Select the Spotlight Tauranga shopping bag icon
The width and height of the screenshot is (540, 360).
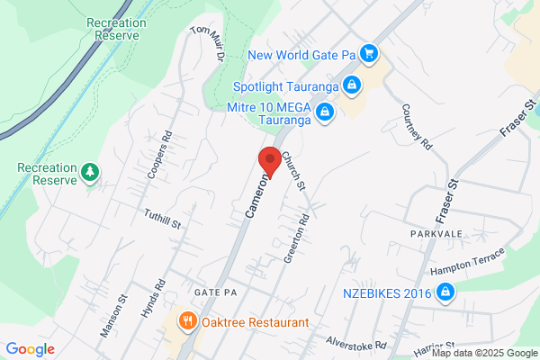click(x=352, y=86)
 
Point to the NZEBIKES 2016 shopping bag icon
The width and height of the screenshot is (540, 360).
click(x=444, y=292)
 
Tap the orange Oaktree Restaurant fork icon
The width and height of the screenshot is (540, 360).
click(x=187, y=320)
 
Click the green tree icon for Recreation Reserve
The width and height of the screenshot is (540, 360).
click(x=89, y=171)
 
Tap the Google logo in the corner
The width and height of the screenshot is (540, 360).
click(x=30, y=349)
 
